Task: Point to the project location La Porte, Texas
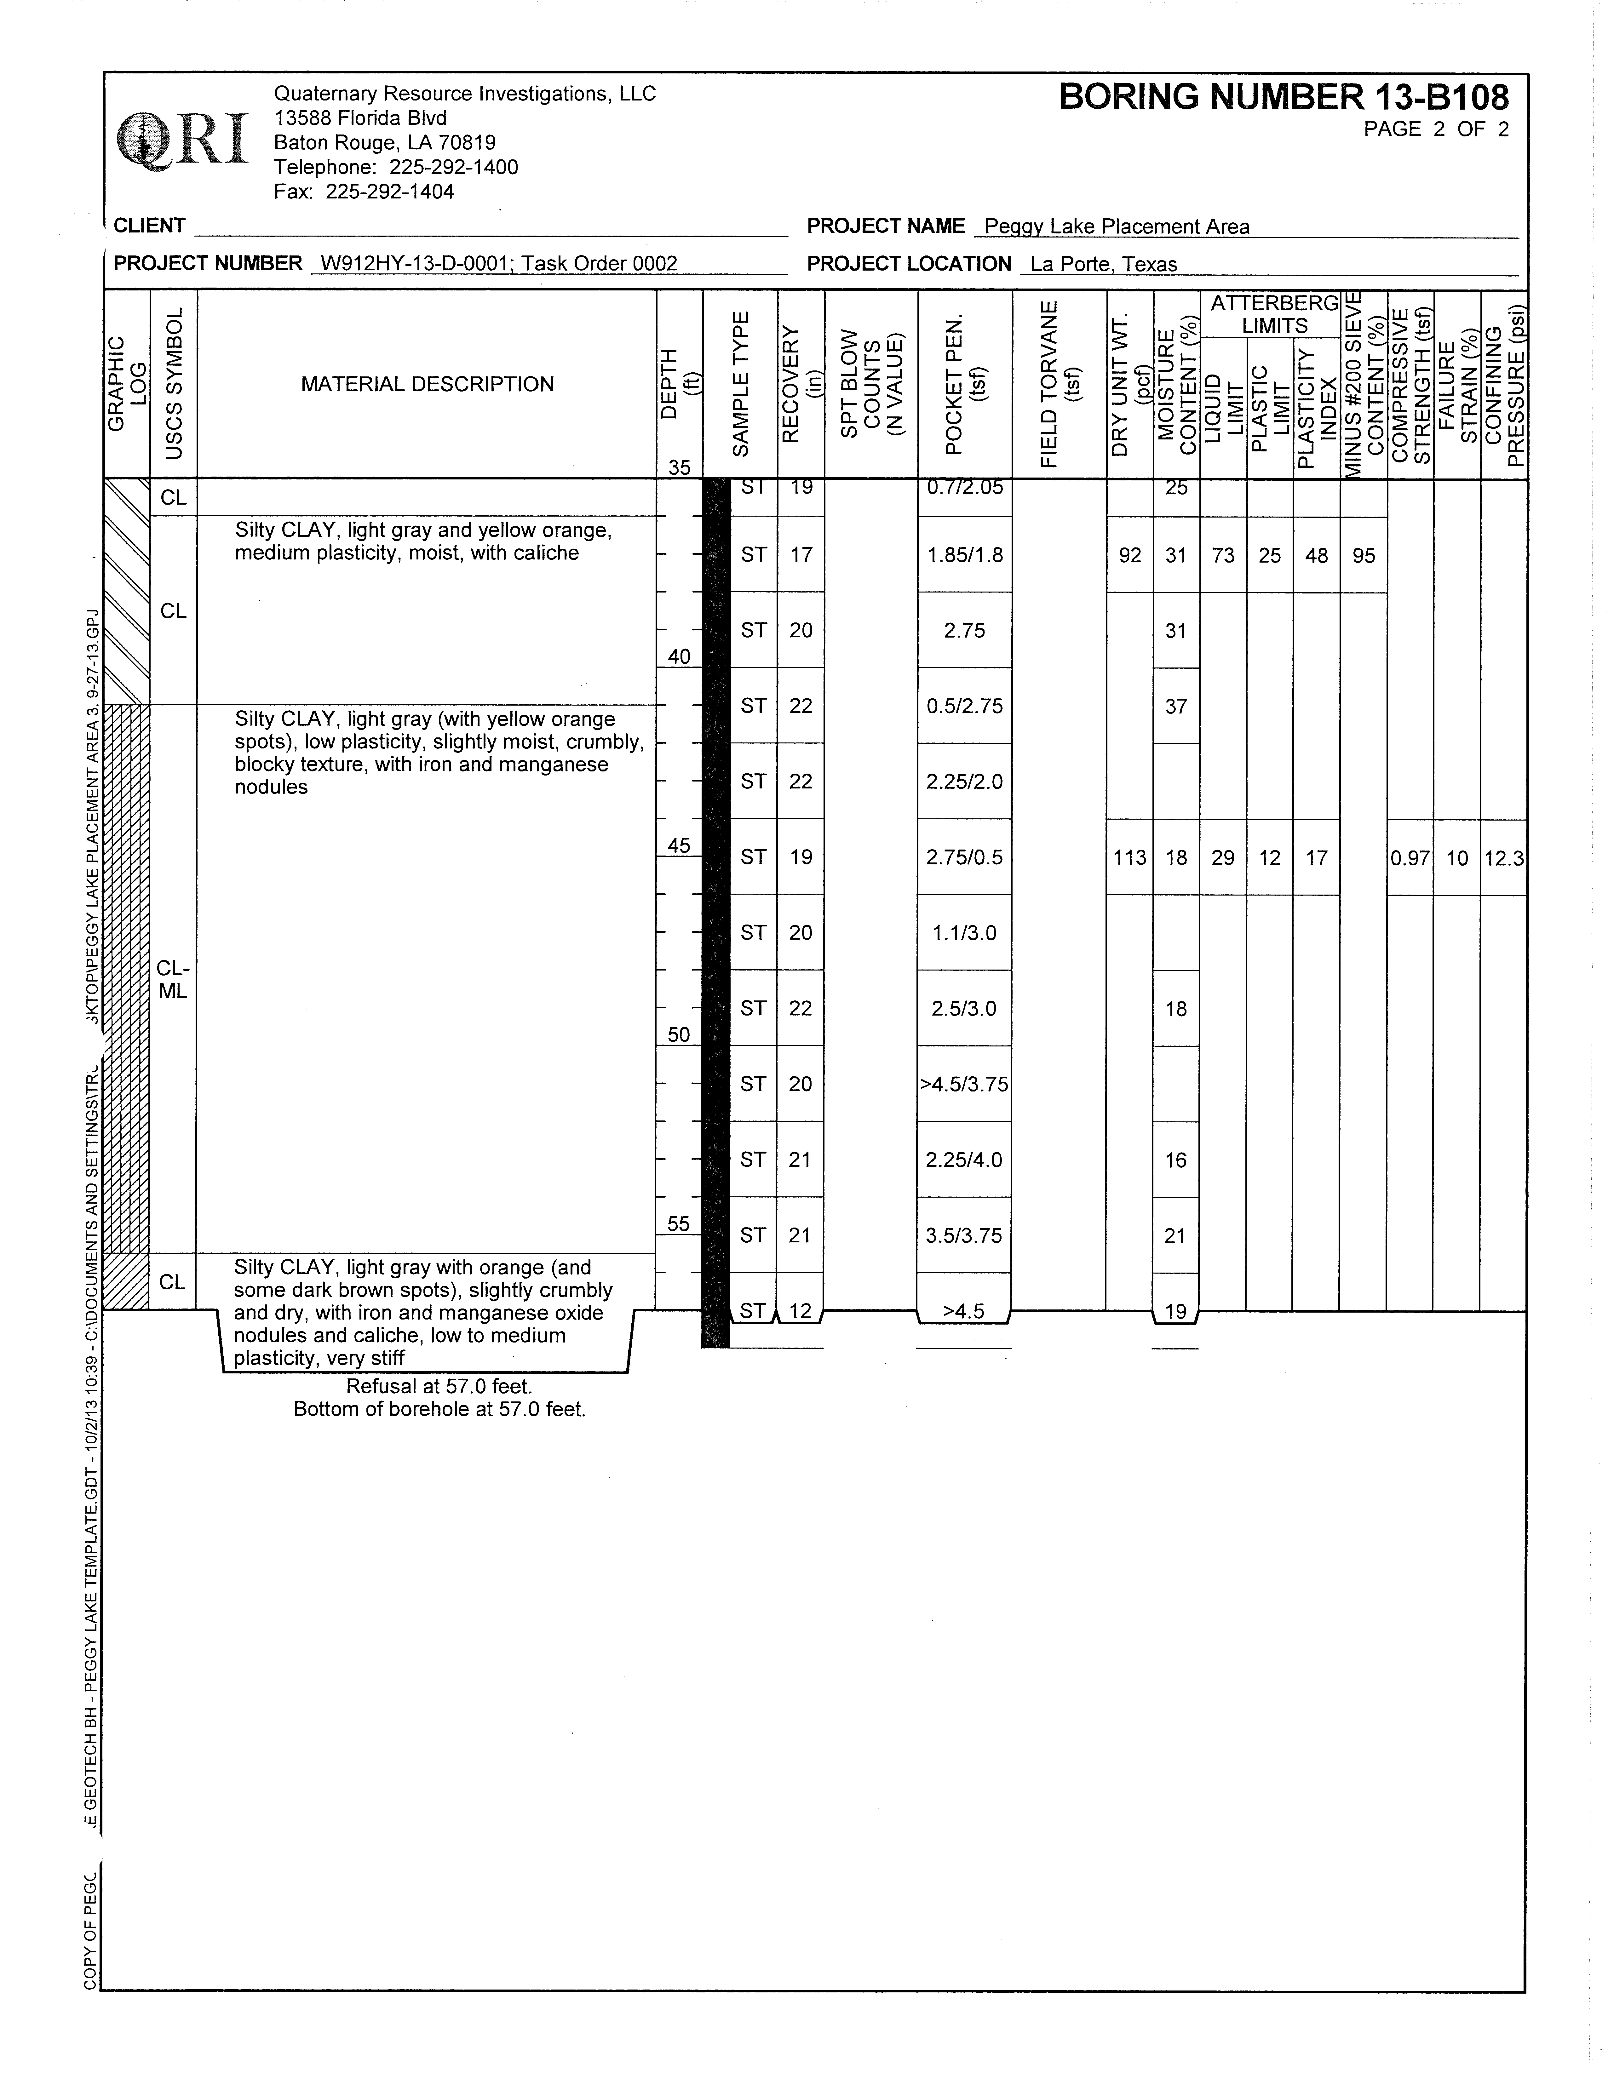[x=1103, y=265]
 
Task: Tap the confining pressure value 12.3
[x=1503, y=858]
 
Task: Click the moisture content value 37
[x=1176, y=706]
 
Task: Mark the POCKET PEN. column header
[x=964, y=385]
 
